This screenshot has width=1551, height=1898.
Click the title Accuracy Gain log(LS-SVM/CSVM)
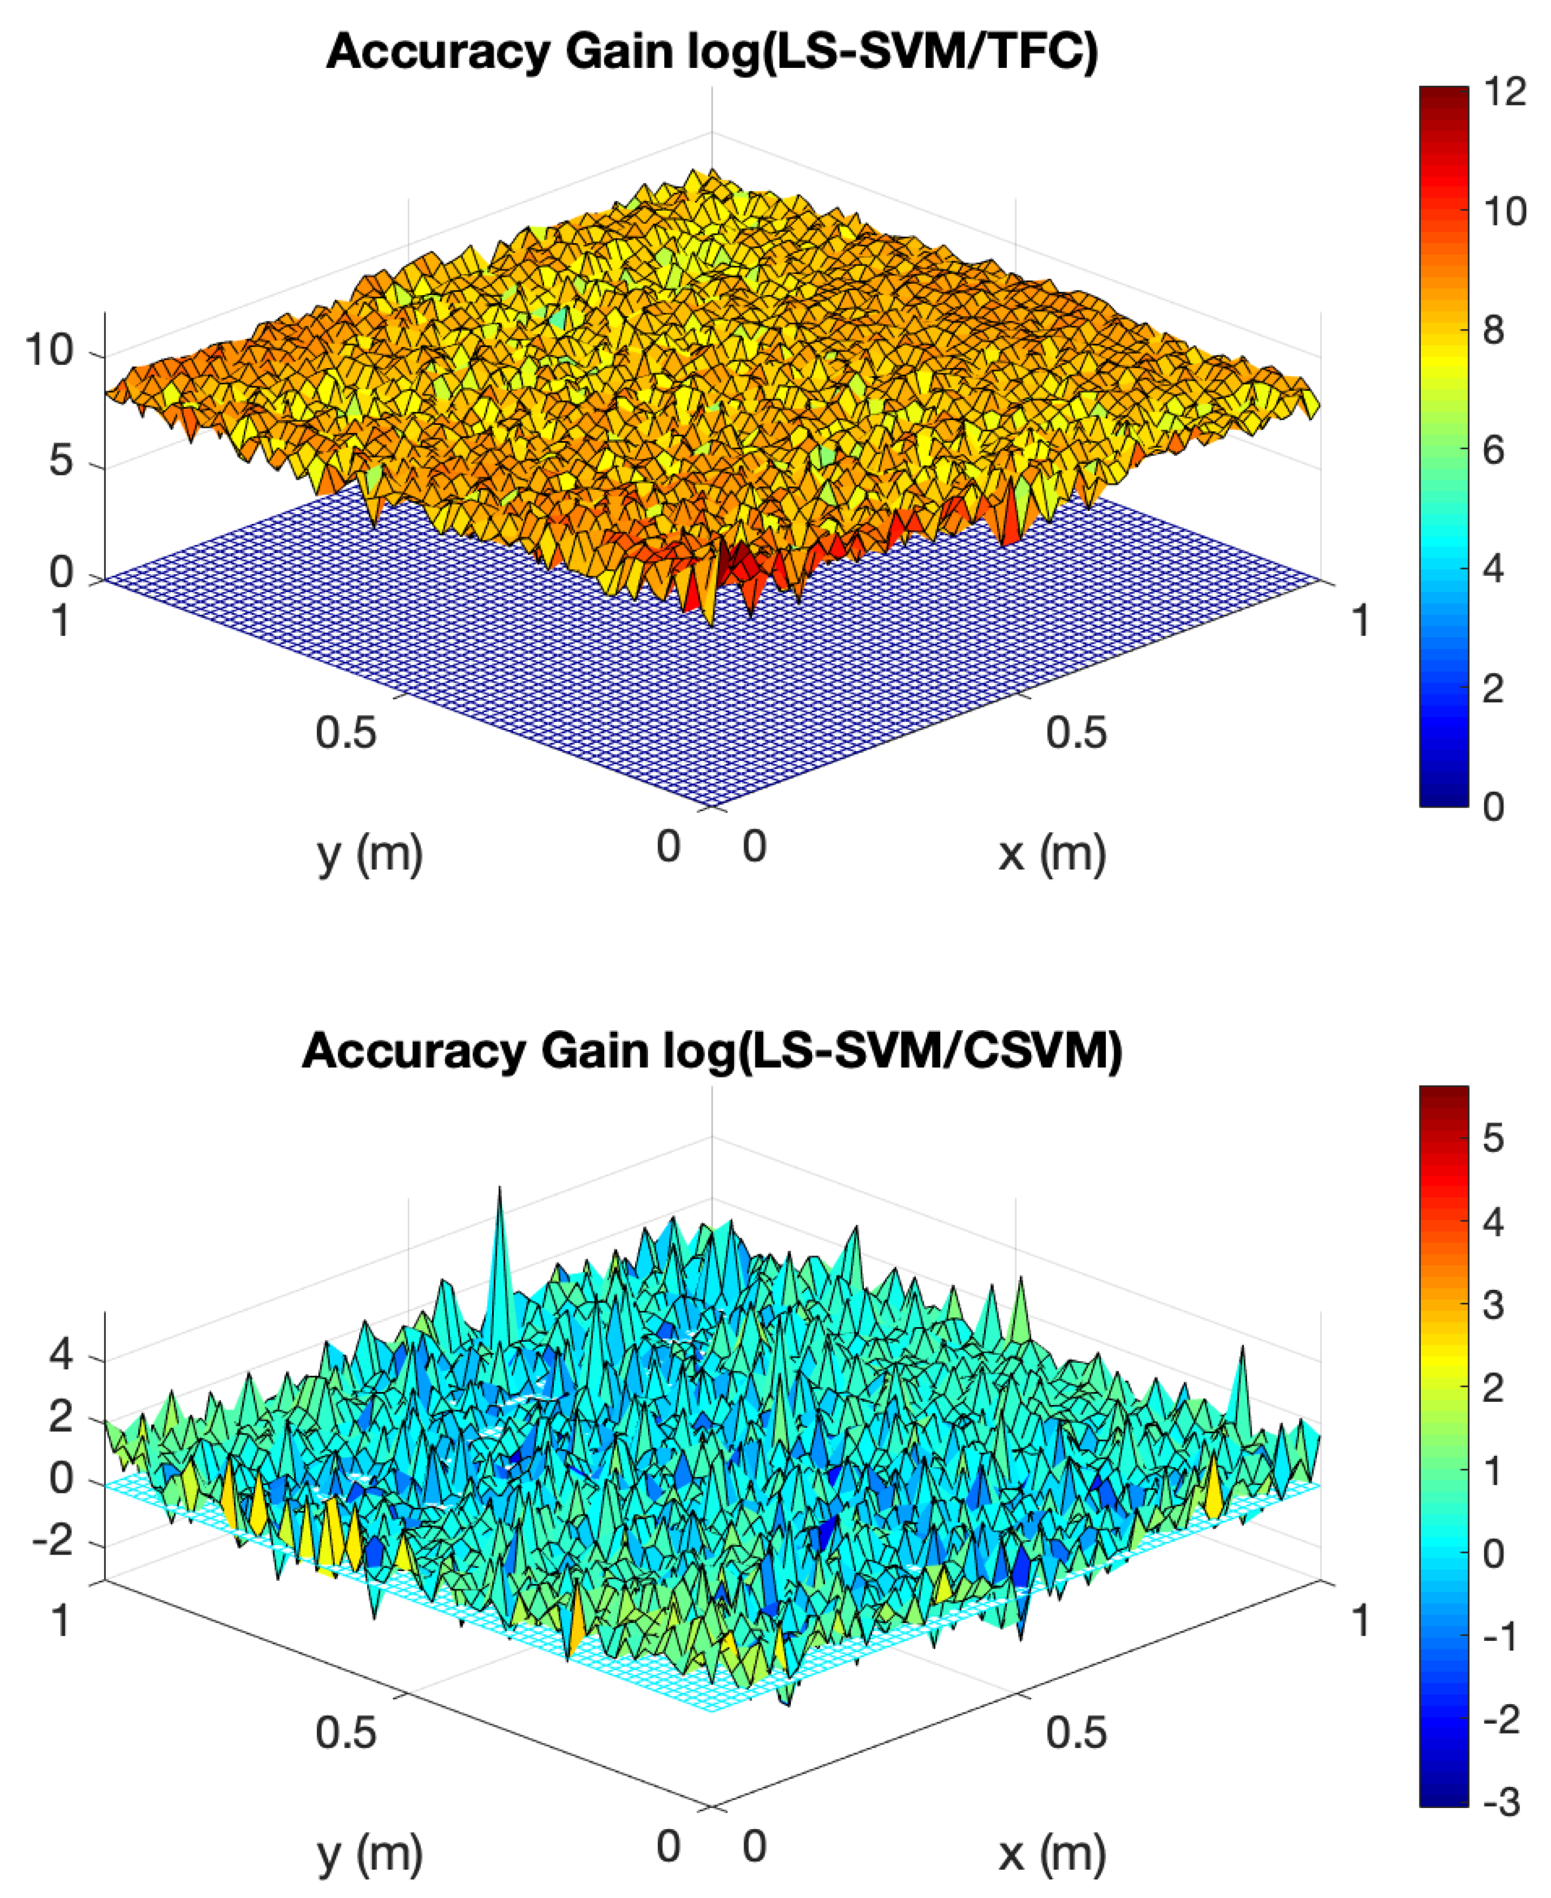(712, 1050)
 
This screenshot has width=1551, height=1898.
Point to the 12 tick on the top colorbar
(1505, 92)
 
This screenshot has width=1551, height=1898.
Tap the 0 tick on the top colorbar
(1493, 807)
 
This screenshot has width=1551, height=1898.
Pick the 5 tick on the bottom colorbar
(1493, 1138)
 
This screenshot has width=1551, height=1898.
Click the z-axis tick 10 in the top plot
(49, 350)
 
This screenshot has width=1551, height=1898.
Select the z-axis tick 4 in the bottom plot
(61, 1355)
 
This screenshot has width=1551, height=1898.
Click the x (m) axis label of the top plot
(1052, 853)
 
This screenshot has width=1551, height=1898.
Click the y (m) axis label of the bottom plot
(370, 1853)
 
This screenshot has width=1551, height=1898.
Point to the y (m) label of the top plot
(370, 853)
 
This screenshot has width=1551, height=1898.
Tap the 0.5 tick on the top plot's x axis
(1076, 733)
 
